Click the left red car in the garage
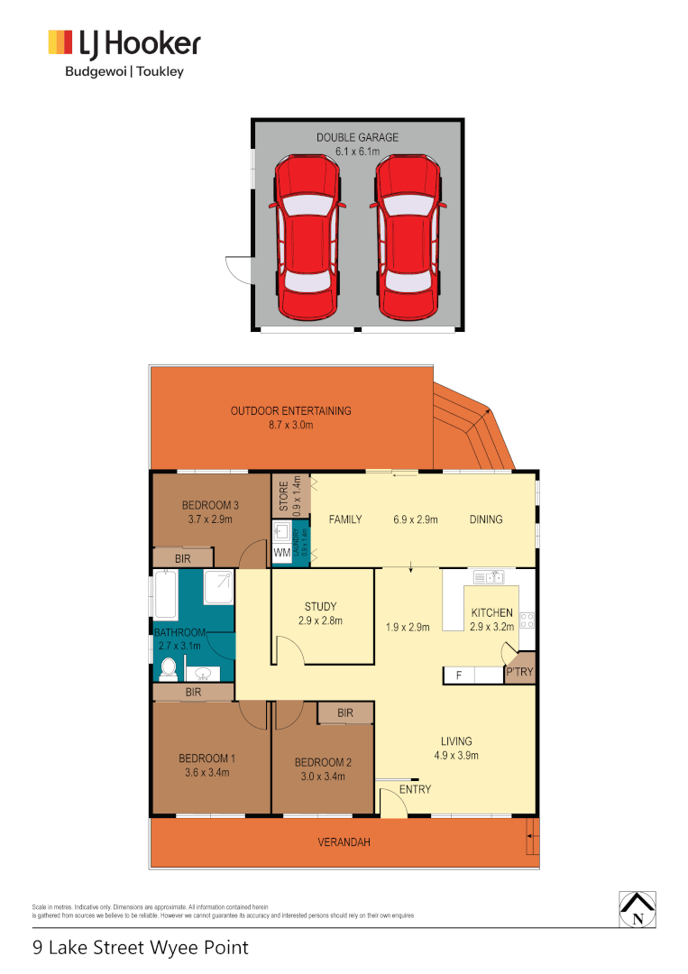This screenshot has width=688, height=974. tap(307, 238)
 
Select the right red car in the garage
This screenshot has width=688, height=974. tap(410, 238)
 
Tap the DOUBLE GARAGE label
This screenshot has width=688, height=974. tap(357, 138)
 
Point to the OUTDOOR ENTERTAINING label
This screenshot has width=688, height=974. tap(290, 411)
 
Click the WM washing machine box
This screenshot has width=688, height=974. tap(282, 552)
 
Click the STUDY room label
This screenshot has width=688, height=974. tap(322, 606)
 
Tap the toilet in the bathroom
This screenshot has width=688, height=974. tap(167, 668)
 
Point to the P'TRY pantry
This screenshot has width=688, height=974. tap(519, 672)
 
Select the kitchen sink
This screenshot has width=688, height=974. tap(491, 576)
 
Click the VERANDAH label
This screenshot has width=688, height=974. tap(344, 842)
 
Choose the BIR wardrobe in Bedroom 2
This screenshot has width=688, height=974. tap(345, 713)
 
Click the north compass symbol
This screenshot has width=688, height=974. tap(638, 909)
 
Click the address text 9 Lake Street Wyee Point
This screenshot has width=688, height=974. tap(140, 948)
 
